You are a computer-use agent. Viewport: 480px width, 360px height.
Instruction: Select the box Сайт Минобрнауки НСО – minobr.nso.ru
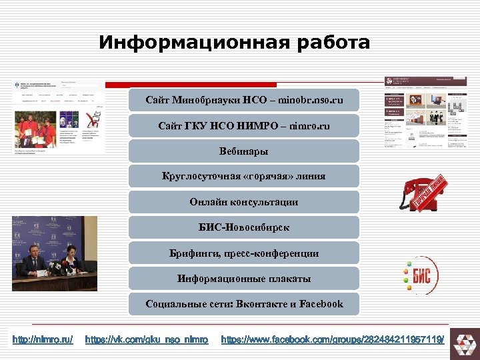point(244,100)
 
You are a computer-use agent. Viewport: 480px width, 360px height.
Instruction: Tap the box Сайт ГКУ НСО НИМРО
point(244,125)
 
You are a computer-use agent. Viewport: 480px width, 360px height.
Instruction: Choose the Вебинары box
point(244,151)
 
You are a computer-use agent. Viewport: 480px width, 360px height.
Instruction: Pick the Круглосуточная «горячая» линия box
point(244,177)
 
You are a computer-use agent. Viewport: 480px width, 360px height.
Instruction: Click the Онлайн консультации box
point(244,202)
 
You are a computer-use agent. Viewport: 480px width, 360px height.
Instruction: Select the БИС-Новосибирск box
point(244,227)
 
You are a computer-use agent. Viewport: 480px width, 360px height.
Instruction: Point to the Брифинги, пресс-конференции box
point(244,253)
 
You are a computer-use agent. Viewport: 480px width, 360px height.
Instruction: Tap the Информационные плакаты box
point(244,279)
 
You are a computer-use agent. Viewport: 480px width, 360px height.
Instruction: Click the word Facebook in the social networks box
point(321,304)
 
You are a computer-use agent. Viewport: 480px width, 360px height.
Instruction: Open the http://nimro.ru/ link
point(43,340)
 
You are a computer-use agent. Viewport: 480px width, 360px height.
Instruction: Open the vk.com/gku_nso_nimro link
point(147,340)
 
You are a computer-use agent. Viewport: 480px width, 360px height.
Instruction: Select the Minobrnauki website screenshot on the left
point(59,117)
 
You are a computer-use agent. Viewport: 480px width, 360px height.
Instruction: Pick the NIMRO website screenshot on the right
point(425,111)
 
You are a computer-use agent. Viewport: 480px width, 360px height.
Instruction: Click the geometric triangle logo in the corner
point(462,343)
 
